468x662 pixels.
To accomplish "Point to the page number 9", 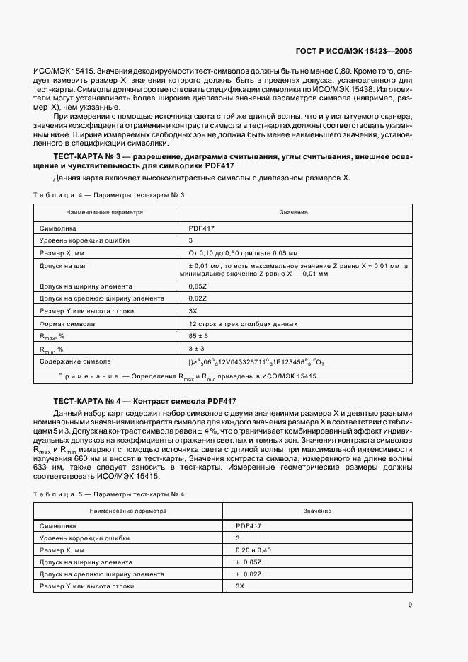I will (410, 604).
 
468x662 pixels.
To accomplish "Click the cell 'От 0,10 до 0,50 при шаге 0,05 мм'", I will (243, 252).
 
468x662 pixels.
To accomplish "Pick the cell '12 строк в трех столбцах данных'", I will (243, 324).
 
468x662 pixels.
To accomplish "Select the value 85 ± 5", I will (198, 336).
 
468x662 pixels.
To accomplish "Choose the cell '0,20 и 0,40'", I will (253, 550).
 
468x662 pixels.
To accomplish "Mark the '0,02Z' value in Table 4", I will (198, 299).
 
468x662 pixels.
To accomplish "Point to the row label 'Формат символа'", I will (64, 324).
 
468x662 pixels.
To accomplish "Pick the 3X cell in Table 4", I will (193, 311).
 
